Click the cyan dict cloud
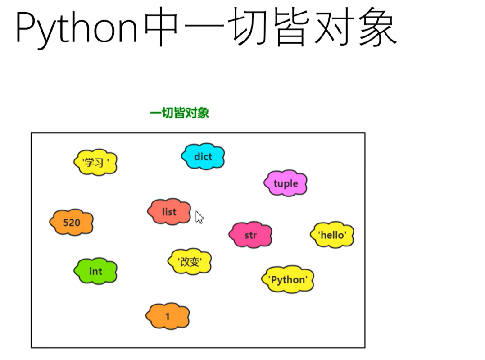point(203,157)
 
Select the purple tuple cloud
point(286,183)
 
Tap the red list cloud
point(169,212)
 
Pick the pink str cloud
point(250,235)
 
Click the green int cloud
point(95,271)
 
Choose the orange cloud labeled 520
point(72,223)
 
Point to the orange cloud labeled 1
point(168,316)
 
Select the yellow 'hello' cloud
point(332,235)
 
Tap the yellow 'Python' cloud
point(288,279)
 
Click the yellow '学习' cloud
point(95,163)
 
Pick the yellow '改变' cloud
point(190,262)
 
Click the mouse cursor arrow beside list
point(199,217)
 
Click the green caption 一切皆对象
point(179,113)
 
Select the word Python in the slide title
point(77,28)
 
